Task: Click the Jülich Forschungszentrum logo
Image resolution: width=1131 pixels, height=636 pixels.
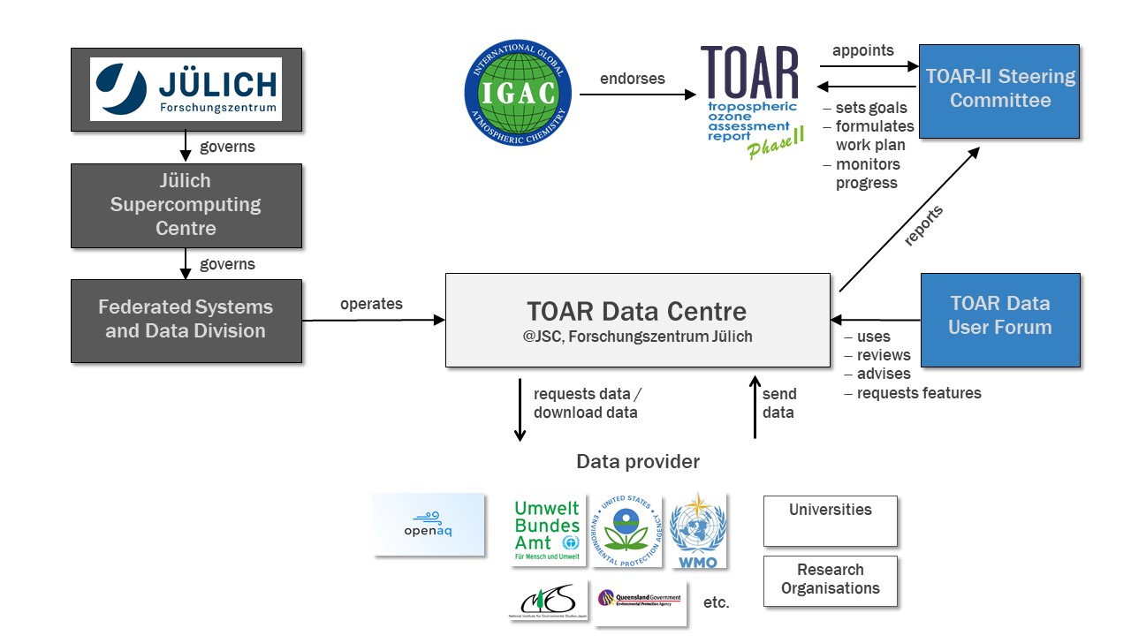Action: [x=186, y=89]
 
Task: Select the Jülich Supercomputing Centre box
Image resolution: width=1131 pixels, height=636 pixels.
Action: [x=186, y=205]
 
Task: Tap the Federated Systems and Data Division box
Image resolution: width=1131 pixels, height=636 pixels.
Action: [x=186, y=320]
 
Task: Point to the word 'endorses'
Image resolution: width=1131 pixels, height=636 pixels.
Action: [x=633, y=79]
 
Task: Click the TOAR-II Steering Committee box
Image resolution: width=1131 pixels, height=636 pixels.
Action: [x=999, y=90]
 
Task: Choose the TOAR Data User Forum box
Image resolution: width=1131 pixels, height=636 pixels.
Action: [x=1000, y=319]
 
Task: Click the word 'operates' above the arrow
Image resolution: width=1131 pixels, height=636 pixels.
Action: [x=371, y=304]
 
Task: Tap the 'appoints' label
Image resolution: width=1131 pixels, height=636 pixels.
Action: [x=863, y=50]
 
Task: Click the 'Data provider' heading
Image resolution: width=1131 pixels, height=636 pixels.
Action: [x=638, y=462]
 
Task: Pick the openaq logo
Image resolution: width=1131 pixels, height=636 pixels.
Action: [x=429, y=524]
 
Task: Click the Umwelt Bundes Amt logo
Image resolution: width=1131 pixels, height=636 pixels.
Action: [x=547, y=531]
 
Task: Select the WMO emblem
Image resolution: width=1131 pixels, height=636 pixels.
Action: [x=698, y=531]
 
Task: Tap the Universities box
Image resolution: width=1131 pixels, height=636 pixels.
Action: [x=830, y=520]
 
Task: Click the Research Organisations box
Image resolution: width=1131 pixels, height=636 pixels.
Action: [x=830, y=580]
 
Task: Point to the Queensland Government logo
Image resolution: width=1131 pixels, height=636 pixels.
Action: [x=640, y=602]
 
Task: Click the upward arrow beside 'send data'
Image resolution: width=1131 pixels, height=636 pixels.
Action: [x=755, y=407]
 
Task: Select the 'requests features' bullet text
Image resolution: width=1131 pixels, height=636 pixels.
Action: [x=919, y=393]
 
